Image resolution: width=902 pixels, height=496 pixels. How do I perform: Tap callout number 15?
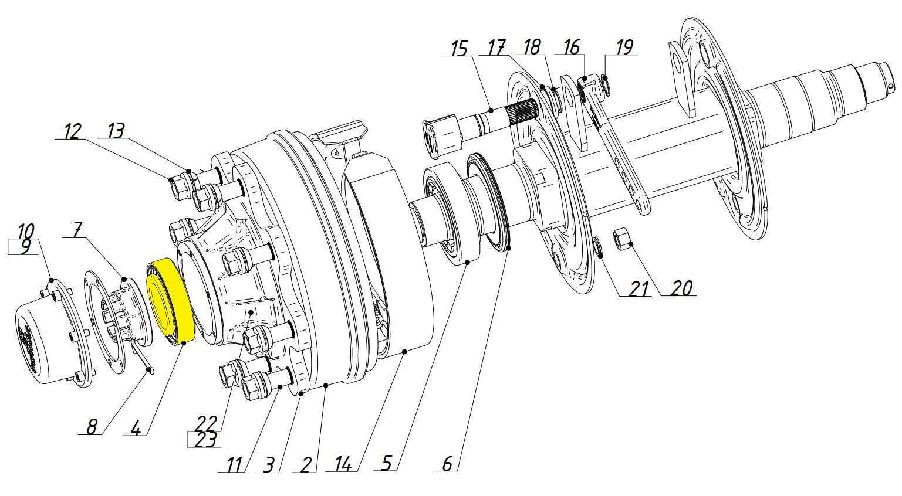click(459, 49)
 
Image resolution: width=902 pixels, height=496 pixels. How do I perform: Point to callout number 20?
click(681, 288)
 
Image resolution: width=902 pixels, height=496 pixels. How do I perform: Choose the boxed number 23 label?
click(205, 440)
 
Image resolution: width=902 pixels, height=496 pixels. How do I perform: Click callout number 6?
click(447, 463)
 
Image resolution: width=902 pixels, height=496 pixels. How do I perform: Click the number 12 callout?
click(73, 131)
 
